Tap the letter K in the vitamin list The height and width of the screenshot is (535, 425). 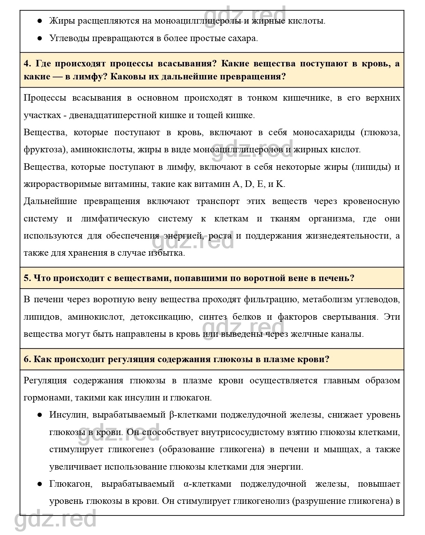click(x=280, y=184)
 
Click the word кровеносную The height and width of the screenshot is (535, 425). click(x=372, y=201)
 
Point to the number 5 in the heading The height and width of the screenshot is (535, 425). click(x=27, y=278)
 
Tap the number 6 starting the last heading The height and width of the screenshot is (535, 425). click(x=27, y=359)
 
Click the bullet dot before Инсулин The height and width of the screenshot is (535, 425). click(x=40, y=415)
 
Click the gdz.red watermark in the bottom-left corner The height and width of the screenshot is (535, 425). click(x=55, y=520)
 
